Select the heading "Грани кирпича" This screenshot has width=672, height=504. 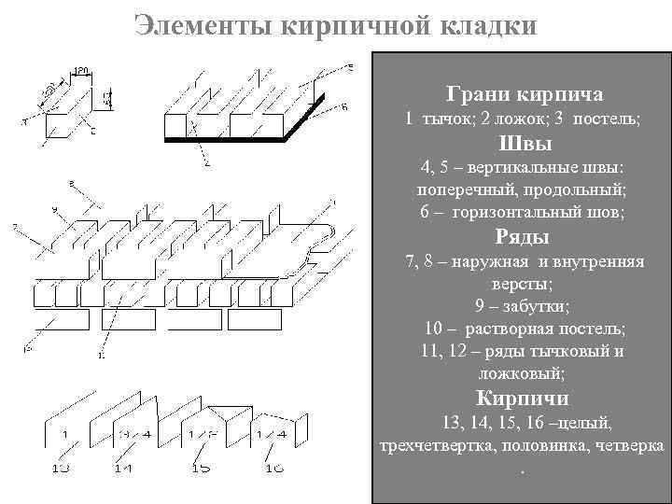pyautogui.click(x=524, y=94)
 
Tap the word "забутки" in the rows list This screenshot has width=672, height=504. pyautogui.click(x=534, y=306)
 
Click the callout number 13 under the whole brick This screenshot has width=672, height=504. pyautogui.click(x=61, y=468)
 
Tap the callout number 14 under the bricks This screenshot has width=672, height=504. pyautogui.click(x=122, y=468)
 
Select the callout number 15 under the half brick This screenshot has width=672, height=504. pyautogui.click(x=200, y=468)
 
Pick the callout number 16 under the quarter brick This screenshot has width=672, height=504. pyautogui.click(x=273, y=468)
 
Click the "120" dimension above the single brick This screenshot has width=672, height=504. pyautogui.click(x=82, y=70)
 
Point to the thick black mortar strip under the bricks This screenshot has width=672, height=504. pyautogui.click(x=233, y=139)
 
